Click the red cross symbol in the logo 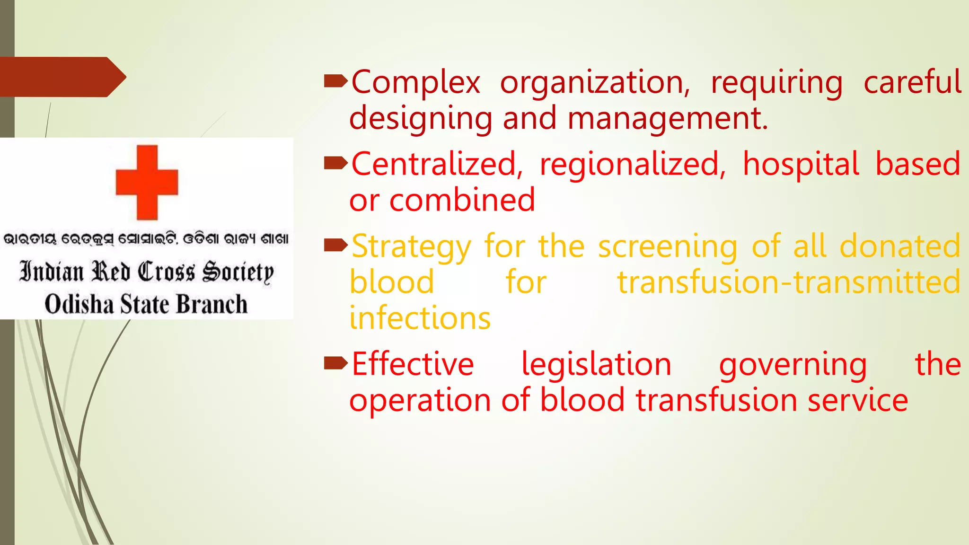pyautogui.click(x=147, y=182)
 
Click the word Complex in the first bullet pyautogui.click(x=415, y=82)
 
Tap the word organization pyautogui.click(x=595, y=83)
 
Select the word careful pyautogui.click(x=912, y=82)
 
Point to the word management pyautogui.click(x=667, y=119)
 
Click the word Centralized pyautogui.click(x=437, y=165)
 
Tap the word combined pyautogui.click(x=462, y=201)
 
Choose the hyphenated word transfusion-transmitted pyautogui.click(x=789, y=282)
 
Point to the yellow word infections pyautogui.click(x=420, y=318)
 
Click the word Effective pyautogui.click(x=413, y=364)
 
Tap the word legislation pyautogui.click(x=596, y=365)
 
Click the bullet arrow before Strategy pyautogui.click(x=335, y=245)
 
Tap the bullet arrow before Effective pyautogui.click(x=335, y=363)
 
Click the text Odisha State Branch pyautogui.click(x=146, y=304)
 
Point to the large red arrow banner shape pyautogui.click(x=62, y=77)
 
